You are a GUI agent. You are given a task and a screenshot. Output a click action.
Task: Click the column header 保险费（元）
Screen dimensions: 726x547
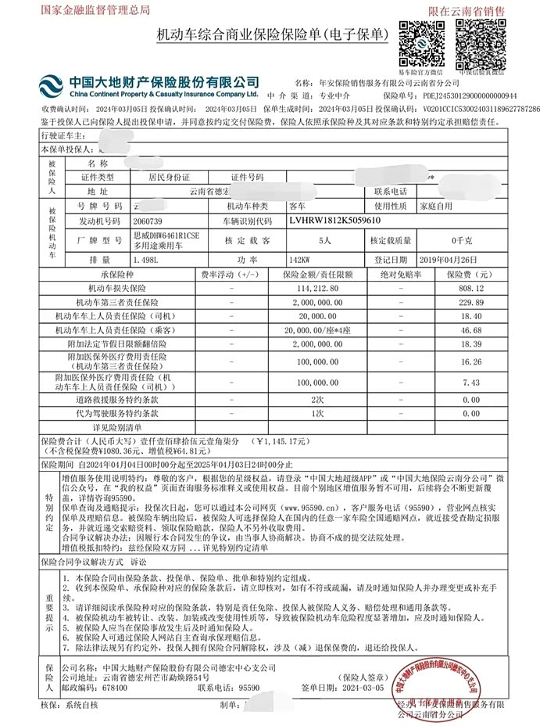(470, 275)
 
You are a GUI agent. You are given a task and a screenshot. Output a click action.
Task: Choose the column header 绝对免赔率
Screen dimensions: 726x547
(400, 275)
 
